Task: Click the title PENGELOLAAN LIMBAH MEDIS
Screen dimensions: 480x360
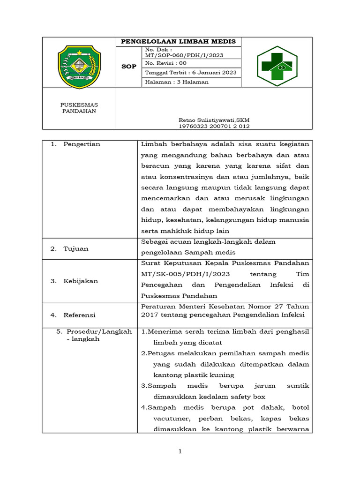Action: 179,42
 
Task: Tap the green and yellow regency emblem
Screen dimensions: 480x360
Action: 79,67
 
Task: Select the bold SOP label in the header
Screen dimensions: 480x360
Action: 129,67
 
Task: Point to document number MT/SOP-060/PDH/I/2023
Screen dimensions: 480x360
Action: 184,55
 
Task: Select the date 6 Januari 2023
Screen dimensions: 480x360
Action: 210,73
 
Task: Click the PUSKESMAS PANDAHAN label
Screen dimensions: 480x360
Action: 79,108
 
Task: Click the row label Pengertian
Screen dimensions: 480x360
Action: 82,144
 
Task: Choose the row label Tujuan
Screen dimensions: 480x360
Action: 76,249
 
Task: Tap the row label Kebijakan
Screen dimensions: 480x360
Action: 81,281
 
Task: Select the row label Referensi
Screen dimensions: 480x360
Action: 79,315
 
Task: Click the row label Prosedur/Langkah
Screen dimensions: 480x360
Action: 99,331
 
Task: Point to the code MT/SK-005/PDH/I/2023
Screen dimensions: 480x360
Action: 184,274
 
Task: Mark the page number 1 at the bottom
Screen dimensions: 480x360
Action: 180,451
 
